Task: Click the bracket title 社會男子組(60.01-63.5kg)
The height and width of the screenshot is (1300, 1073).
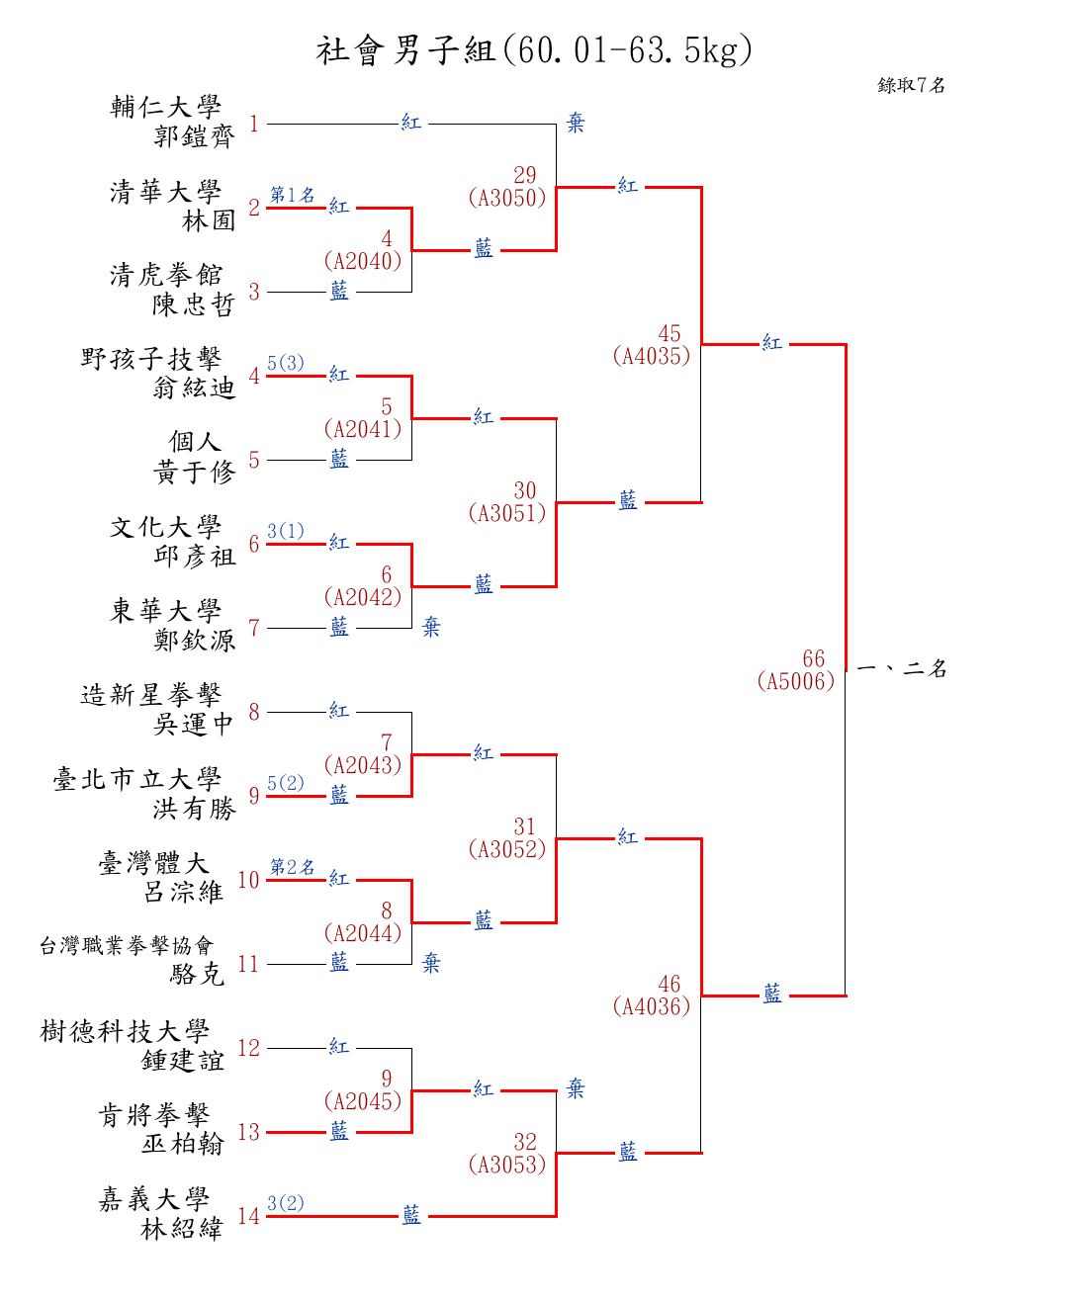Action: [535, 49]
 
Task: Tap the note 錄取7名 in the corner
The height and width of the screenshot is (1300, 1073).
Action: [911, 85]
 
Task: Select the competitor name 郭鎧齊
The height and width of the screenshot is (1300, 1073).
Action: [194, 136]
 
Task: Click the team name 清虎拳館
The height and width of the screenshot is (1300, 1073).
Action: [166, 275]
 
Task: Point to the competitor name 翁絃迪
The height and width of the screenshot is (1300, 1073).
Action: [194, 388]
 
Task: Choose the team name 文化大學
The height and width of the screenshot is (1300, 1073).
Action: [166, 527]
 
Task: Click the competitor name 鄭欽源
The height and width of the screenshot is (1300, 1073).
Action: [194, 641]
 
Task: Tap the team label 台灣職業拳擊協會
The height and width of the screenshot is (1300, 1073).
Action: [127, 946]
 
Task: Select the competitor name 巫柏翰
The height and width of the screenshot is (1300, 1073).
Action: [183, 1144]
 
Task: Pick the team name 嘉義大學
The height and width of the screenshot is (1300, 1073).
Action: [154, 1200]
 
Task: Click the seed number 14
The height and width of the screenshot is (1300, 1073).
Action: [248, 1216]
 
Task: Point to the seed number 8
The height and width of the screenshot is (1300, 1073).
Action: [254, 712]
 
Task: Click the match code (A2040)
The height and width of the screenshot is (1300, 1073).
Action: [363, 261]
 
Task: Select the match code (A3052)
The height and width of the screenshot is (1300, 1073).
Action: [507, 849]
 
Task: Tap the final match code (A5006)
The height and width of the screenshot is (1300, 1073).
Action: [796, 681]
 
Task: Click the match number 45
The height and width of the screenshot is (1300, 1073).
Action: [670, 334]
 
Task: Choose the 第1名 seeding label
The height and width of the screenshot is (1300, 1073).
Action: [292, 195]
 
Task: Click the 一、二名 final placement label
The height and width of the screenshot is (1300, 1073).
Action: [901, 669]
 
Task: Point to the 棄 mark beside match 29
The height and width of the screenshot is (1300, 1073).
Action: [576, 124]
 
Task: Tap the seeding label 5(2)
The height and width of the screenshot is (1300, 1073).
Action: [286, 783]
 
